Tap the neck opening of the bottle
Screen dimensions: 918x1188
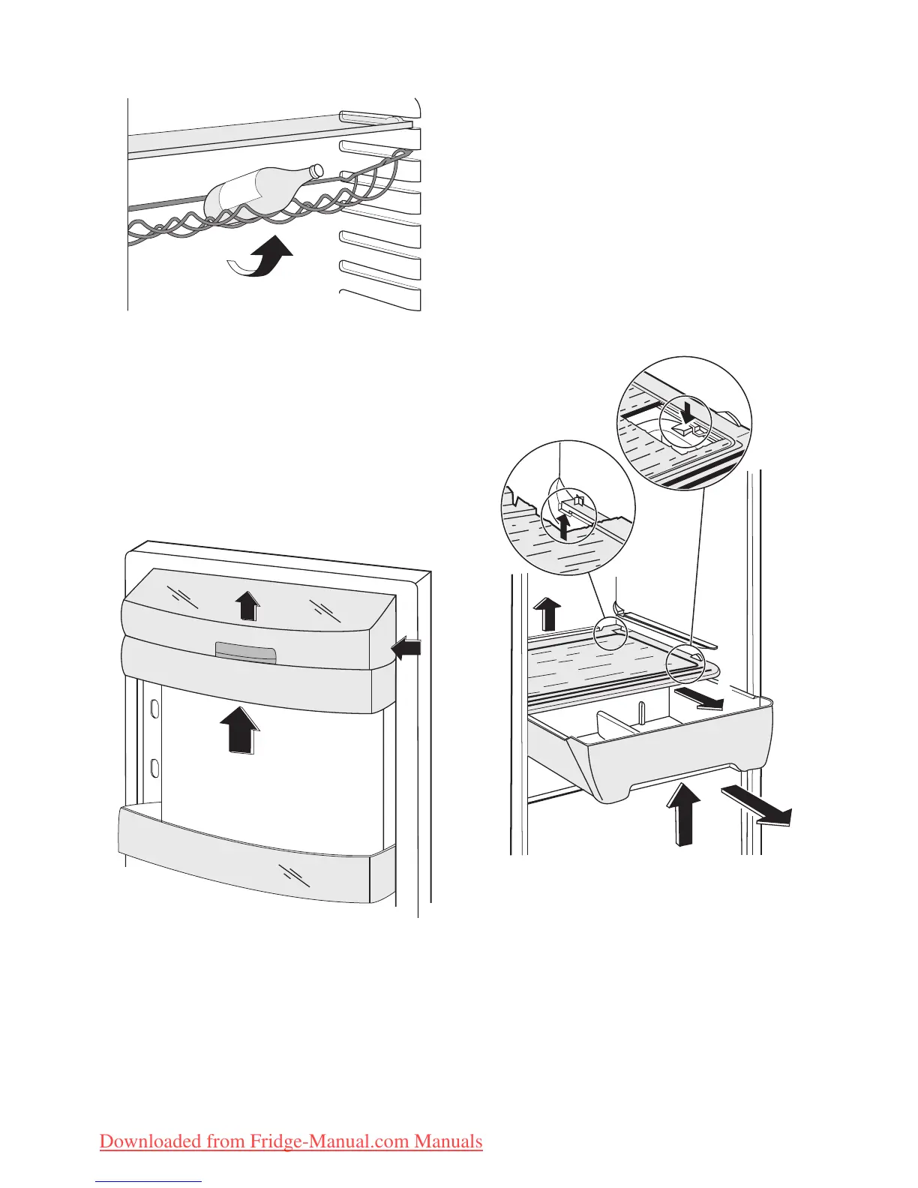(x=317, y=169)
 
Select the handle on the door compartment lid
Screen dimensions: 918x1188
(x=245, y=652)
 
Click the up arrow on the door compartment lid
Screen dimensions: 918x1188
(x=246, y=604)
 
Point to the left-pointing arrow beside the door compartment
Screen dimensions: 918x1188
(x=408, y=648)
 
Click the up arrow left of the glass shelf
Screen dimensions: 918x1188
(x=548, y=613)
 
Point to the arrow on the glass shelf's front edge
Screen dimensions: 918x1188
(x=698, y=698)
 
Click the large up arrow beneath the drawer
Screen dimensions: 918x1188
(x=683, y=813)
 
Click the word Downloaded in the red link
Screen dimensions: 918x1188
(x=153, y=1141)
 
